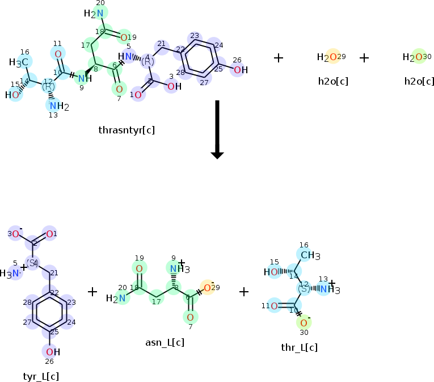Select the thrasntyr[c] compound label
pos(127,130)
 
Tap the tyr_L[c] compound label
pos(40,376)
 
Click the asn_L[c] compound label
pos(165,342)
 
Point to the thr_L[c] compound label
pos(299,347)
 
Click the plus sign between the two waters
pos(364,57)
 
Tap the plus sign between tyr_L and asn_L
pos(93,291)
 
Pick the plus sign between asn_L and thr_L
pos(244,291)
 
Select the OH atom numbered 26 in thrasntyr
pos(241,70)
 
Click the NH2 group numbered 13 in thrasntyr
pos(58,106)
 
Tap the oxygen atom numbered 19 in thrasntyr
pos(124,37)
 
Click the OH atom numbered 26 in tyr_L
pos(53,352)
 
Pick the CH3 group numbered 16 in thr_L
pos(310,255)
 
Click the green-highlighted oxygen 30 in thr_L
pos(304,322)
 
